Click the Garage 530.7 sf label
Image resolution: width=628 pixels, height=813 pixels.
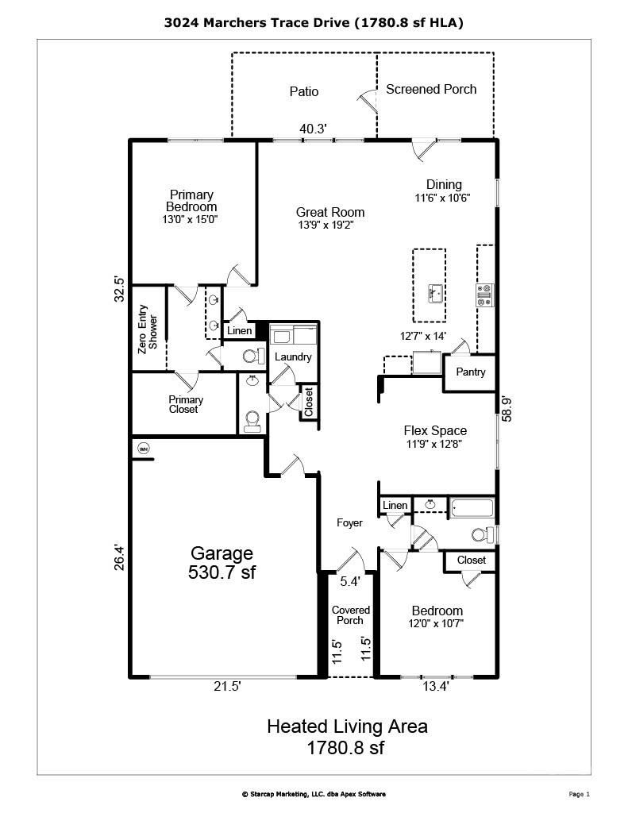pos(222,562)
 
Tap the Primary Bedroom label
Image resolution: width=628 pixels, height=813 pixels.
pos(191,201)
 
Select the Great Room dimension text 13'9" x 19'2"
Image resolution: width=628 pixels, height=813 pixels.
pos(330,225)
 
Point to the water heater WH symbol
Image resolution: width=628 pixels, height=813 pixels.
pos(144,448)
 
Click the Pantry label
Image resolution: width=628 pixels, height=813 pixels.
pos(470,372)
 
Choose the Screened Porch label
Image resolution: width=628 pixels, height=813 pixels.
pos(431,89)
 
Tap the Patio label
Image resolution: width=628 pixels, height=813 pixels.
pos(303,91)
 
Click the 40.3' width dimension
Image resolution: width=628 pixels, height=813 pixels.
pos(313,129)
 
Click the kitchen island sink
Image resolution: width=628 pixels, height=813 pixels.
pos(434,294)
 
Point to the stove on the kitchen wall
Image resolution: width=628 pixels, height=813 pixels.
pos(484,295)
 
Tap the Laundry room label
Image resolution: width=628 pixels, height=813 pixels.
pos(293,356)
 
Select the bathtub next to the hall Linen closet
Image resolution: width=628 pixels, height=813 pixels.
pos(472,507)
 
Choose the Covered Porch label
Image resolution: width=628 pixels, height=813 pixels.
pos(350,615)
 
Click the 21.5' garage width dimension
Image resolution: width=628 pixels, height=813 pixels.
pos(226,687)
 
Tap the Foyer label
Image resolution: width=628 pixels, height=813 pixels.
pos(349,522)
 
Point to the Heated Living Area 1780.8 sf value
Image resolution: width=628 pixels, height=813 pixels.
pos(346,747)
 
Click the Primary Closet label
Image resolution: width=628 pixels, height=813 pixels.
pos(185,404)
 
